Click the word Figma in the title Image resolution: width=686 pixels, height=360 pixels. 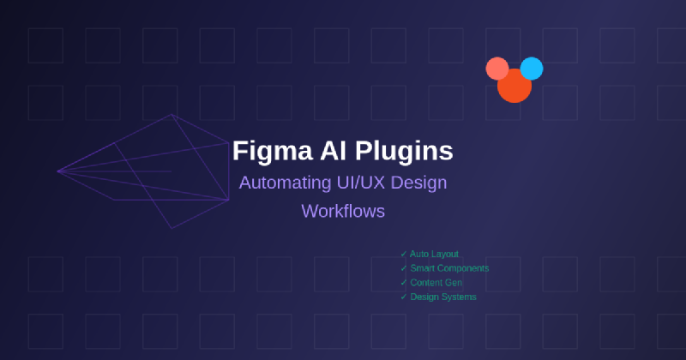point(262,152)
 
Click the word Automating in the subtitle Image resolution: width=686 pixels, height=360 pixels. point(282,183)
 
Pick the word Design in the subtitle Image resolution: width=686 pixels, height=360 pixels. point(420,183)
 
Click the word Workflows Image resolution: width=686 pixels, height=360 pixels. point(343,211)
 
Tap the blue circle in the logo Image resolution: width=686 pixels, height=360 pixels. point(532,68)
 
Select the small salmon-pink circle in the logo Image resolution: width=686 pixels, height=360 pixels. point(496,68)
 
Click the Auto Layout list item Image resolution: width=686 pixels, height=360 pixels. point(434,254)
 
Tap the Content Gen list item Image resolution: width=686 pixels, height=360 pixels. point(436,283)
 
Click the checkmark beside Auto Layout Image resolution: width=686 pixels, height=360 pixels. point(404,254)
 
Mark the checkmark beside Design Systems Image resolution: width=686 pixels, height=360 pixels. point(404,297)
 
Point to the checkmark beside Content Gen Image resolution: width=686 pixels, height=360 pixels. point(404,283)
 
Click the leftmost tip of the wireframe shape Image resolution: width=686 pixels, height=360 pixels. point(58,171)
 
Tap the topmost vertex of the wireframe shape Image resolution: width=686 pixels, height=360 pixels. point(172,114)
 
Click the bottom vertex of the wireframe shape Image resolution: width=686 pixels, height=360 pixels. point(172,229)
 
